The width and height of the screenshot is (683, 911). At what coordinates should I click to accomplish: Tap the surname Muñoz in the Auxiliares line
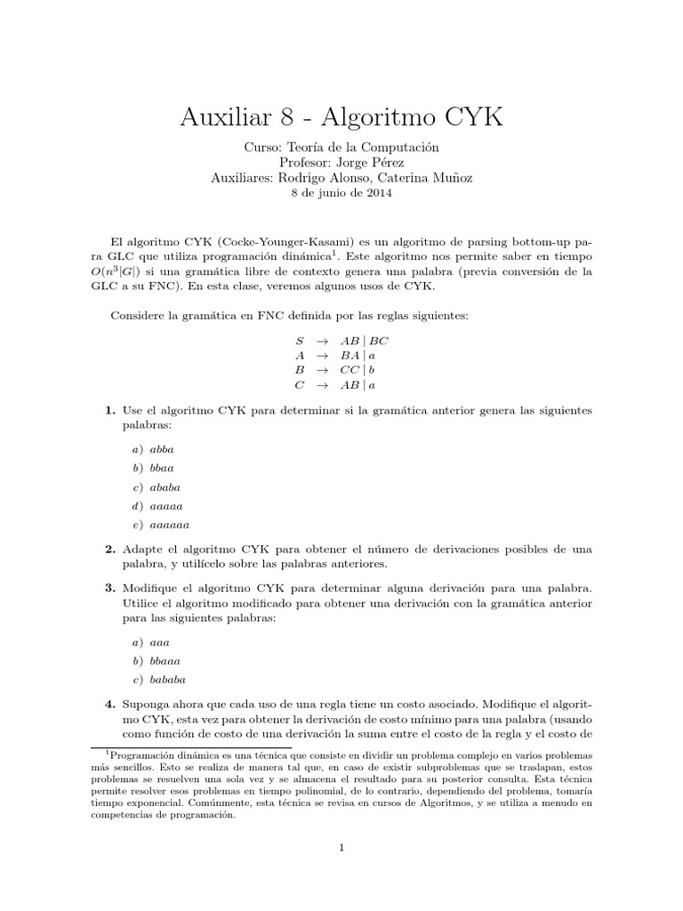click(451, 178)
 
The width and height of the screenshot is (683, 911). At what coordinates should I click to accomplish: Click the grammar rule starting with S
click(341, 341)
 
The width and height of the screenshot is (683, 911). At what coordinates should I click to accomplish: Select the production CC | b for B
click(359, 370)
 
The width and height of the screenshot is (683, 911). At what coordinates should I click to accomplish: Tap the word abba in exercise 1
click(162, 449)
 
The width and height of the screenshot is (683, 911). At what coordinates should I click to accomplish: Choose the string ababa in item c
click(166, 487)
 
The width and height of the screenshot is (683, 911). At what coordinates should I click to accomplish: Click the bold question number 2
click(109, 550)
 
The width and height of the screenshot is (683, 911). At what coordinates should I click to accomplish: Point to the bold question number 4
click(109, 704)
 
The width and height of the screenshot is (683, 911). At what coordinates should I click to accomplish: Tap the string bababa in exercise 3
click(169, 680)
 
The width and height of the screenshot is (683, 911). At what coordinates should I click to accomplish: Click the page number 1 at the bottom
click(341, 847)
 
